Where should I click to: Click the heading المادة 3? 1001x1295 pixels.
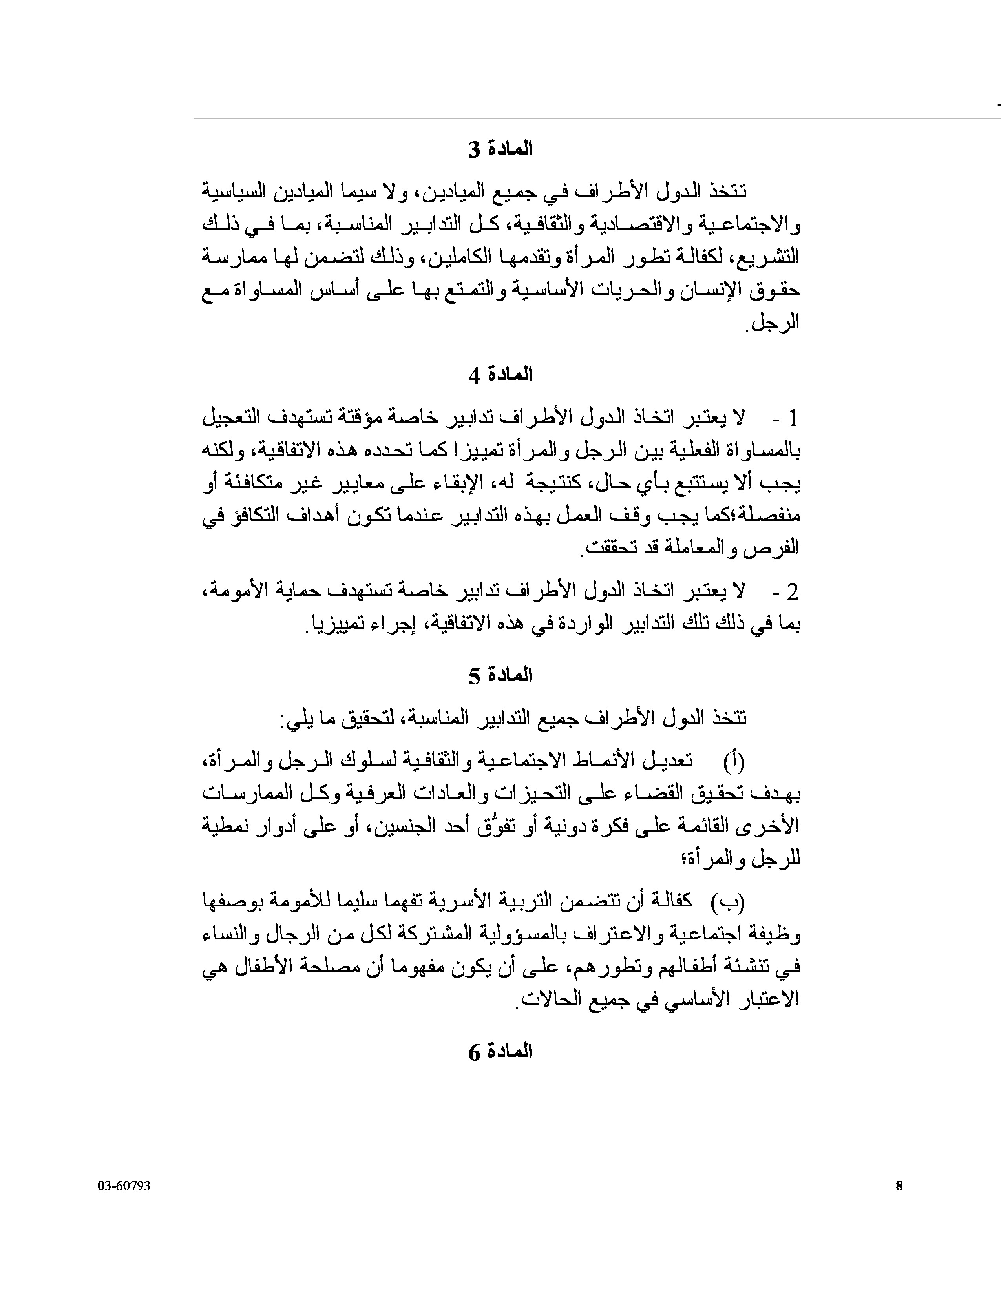click(x=500, y=150)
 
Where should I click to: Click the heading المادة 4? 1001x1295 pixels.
click(x=500, y=375)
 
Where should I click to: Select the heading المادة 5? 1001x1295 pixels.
click(x=500, y=675)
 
